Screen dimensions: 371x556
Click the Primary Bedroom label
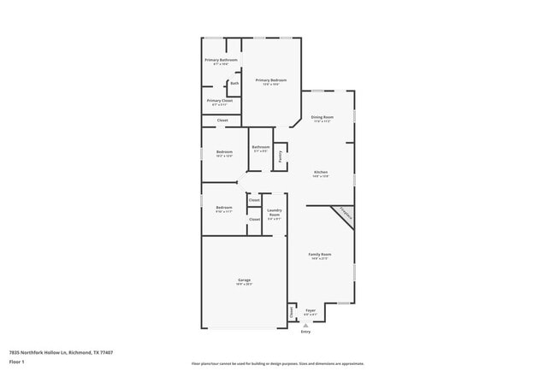(x=269, y=79)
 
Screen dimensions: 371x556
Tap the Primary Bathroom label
(x=221, y=60)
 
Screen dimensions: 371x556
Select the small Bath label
(x=234, y=83)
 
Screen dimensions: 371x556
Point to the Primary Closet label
(x=220, y=101)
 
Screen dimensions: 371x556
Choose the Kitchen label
(x=321, y=173)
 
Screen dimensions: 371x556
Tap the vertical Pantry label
(x=280, y=156)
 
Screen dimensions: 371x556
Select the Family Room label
(x=320, y=255)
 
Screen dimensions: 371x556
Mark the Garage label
(x=244, y=280)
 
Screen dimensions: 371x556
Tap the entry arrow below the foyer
(x=305, y=324)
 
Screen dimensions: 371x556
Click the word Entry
(x=305, y=331)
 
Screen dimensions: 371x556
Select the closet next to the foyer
(x=292, y=314)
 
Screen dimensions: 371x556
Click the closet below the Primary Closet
(x=222, y=121)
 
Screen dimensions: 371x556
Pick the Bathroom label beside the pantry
(x=261, y=147)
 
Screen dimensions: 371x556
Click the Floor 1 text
(x=17, y=362)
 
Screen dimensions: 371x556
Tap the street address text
(x=61, y=351)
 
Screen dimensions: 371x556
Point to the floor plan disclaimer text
(x=277, y=363)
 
